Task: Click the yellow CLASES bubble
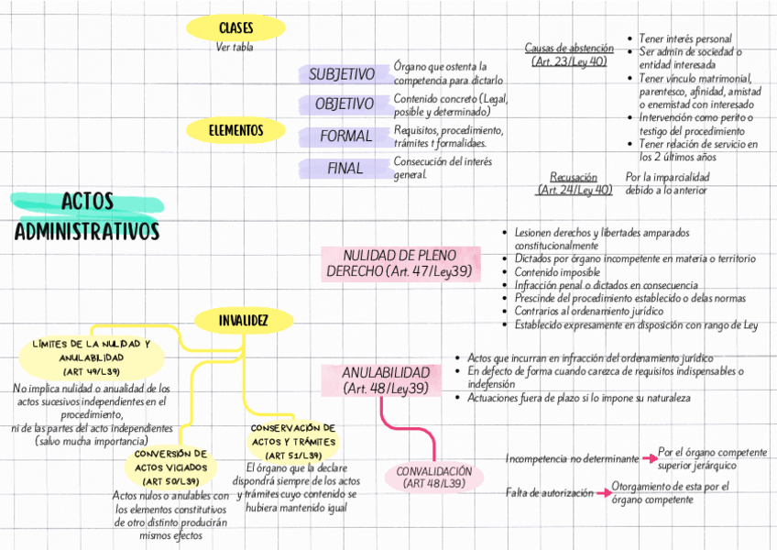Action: tap(235, 28)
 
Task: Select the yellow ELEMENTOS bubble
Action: tap(235, 130)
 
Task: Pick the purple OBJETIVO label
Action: tap(344, 104)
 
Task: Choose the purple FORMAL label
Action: tap(345, 137)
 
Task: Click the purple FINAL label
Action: tap(345, 169)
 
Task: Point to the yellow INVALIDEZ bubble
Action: tap(243, 320)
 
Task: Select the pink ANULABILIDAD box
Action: tap(385, 381)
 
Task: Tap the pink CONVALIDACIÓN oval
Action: tap(434, 477)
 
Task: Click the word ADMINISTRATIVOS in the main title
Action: tap(87, 231)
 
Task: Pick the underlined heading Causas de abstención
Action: tap(569, 48)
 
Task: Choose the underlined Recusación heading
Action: tap(574, 177)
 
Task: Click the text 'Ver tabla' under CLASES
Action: tap(235, 48)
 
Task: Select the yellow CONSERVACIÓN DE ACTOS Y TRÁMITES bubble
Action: tap(292, 442)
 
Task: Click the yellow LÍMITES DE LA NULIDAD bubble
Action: tap(91, 357)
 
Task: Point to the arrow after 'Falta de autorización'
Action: tap(603, 493)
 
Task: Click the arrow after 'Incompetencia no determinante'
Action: tap(649, 457)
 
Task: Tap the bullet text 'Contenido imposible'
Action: tap(557, 272)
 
